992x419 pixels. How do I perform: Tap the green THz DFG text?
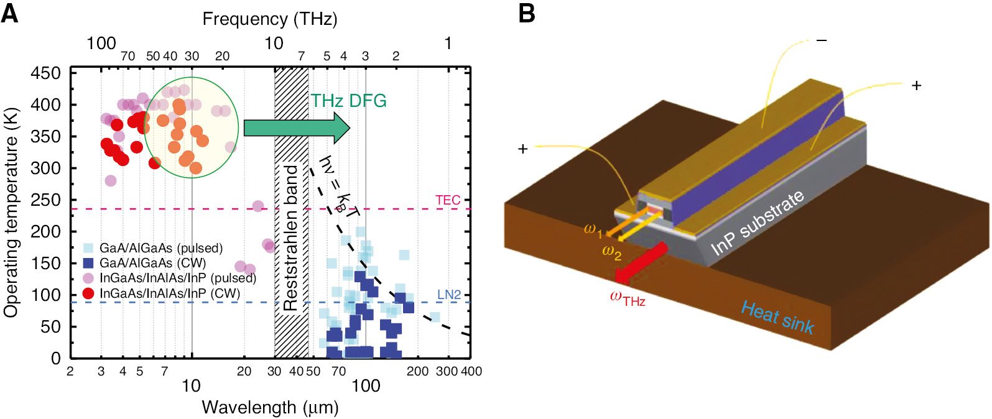[349, 101]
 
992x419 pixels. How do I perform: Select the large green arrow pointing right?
[297, 127]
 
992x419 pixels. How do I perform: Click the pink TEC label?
[448, 200]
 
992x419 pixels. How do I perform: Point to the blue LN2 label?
[448, 295]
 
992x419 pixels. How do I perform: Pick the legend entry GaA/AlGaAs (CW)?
[152, 263]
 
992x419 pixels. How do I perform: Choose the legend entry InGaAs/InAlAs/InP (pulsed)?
[177, 278]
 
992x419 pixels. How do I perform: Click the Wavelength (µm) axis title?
[270, 408]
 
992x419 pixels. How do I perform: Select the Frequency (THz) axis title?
[270, 19]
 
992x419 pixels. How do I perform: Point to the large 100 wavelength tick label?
[366, 386]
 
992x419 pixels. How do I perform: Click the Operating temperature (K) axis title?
[11, 214]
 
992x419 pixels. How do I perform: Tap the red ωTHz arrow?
[641, 264]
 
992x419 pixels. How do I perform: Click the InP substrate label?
[757, 223]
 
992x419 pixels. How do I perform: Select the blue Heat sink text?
[777, 318]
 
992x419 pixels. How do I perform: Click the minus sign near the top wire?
[822, 40]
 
